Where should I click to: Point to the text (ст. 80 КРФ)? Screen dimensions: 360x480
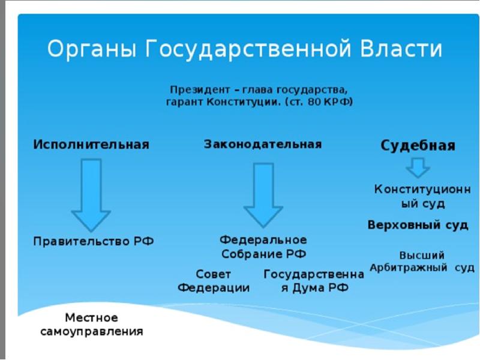pyautogui.click(x=318, y=102)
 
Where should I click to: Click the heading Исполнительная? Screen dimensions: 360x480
pyautogui.click(x=91, y=145)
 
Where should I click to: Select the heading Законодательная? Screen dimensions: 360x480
pyautogui.click(x=263, y=145)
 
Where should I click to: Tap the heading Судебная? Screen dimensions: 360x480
pyautogui.click(x=418, y=146)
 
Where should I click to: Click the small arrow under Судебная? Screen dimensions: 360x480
pyautogui.click(x=418, y=167)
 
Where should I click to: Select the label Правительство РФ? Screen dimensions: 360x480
pyautogui.click(x=94, y=242)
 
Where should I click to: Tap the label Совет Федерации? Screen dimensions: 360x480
pyautogui.click(x=214, y=281)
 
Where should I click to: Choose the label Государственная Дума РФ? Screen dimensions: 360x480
pyautogui.click(x=314, y=281)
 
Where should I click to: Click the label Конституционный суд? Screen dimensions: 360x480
pyautogui.click(x=422, y=196)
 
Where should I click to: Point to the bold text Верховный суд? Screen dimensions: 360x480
pyautogui.click(x=418, y=225)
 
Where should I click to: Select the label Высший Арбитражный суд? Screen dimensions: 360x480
pyautogui.click(x=422, y=261)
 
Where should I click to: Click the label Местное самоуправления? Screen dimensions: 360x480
pyautogui.click(x=92, y=324)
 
